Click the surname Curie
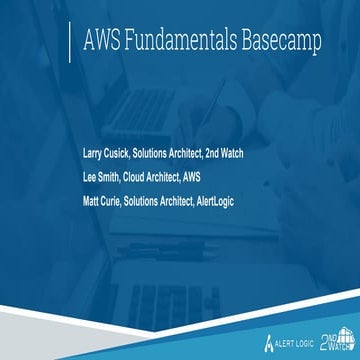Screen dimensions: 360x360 [x=124, y=199]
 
